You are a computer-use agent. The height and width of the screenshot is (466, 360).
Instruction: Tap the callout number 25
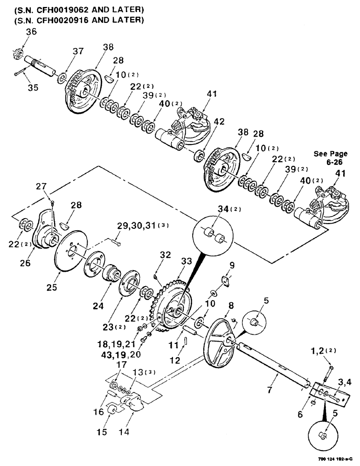(x=51, y=288)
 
